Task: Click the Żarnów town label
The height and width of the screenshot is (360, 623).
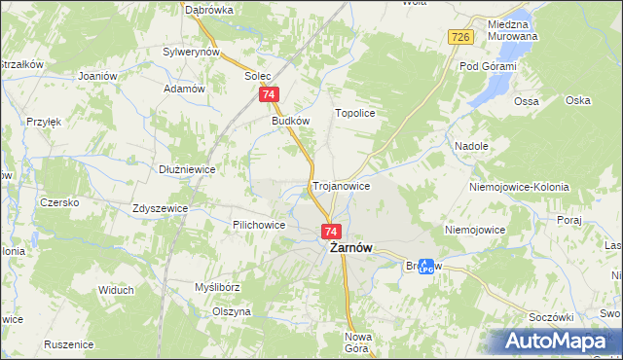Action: click(346, 248)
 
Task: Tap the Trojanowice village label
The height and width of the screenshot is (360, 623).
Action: click(341, 185)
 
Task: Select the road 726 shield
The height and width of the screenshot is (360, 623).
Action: click(461, 37)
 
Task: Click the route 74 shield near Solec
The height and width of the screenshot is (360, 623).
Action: click(270, 94)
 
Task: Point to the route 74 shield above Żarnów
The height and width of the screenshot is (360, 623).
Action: click(331, 232)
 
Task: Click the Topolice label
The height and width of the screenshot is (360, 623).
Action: click(355, 114)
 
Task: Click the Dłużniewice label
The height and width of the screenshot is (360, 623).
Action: click(187, 168)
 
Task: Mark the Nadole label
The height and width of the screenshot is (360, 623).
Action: click(471, 146)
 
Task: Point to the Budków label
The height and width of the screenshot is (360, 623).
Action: click(290, 122)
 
